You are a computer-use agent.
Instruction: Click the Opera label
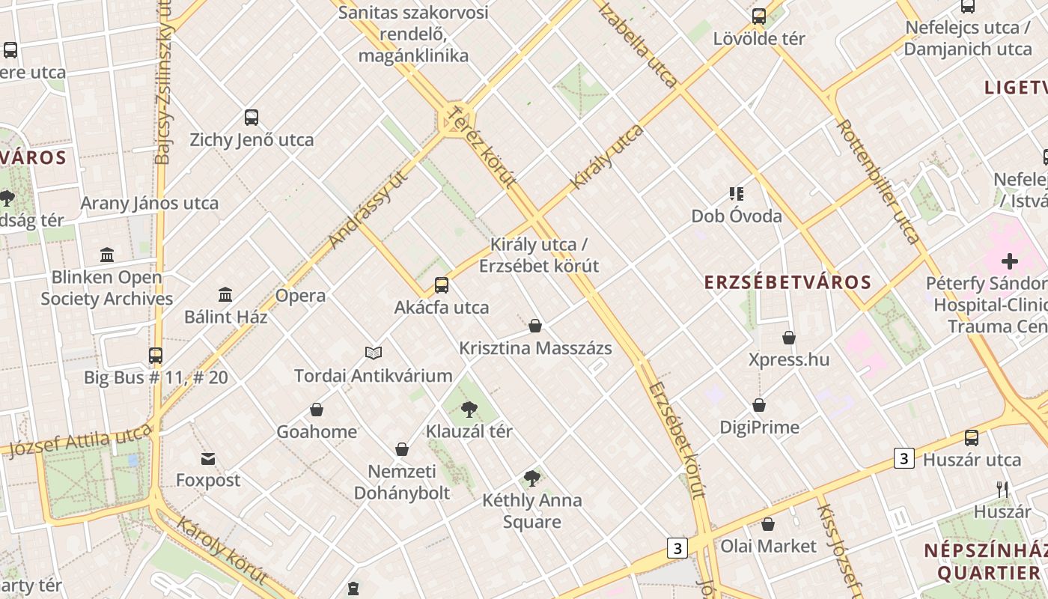[x=300, y=295]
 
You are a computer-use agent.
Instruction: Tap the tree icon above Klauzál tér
[x=469, y=409]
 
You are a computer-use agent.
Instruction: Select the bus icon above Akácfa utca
[x=442, y=285]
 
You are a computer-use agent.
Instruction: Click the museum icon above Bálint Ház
[x=225, y=294]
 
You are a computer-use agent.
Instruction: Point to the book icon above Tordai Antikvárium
[x=373, y=353]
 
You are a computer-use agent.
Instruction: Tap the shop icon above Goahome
[x=317, y=410]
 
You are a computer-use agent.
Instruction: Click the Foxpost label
[x=208, y=480]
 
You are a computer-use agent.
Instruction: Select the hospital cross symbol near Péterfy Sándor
[x=1009, y=261]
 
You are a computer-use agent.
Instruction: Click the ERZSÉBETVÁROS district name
[x=787, y=282]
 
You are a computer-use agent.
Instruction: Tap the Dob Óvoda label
[x=736, y=216]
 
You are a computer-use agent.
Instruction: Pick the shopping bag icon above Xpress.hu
[x=788, y=338]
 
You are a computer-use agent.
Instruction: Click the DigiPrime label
[x=759, y=427]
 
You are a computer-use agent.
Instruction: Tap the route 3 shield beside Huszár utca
[x=904, y=458]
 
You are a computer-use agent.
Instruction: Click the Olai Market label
[x=768, y=546]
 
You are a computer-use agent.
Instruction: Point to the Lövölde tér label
[x=758, y=38]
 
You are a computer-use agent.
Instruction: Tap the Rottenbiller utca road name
[x=877, y=181]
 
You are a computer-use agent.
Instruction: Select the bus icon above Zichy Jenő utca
[x=252, y=118]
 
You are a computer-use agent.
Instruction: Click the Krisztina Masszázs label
[x=534, y=348]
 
